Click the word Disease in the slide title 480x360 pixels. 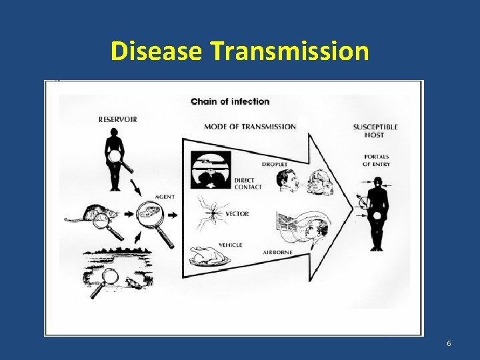pos(157,51)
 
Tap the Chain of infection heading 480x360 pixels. pos(230,101)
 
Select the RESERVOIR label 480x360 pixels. pos(118,120)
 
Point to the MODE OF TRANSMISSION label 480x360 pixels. pos(250,127)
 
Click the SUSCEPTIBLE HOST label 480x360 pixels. pos(375,131)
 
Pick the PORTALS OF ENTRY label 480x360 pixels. pos(376,160)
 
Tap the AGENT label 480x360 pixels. pos(165,197)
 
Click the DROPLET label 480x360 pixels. pos(274,164)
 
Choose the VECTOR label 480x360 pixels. pos(237,214)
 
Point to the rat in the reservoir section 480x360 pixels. pos(90,214)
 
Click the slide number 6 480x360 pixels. pos(449,343)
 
